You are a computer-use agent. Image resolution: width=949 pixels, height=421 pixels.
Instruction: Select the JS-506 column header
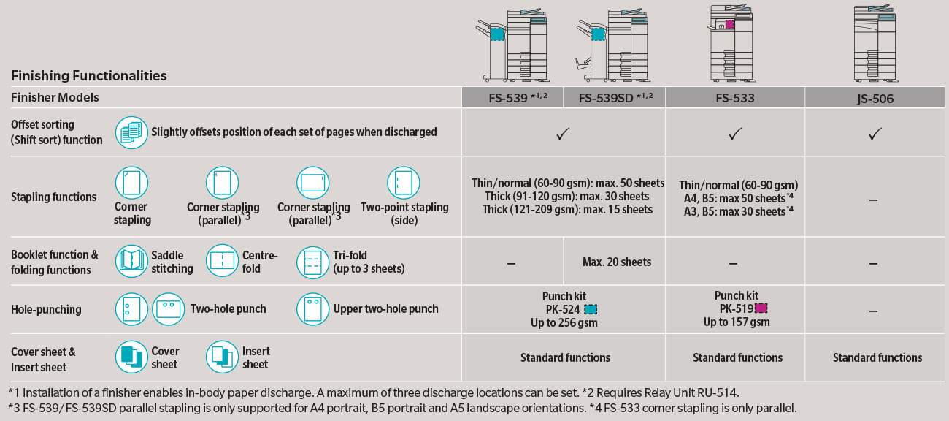point(876,97)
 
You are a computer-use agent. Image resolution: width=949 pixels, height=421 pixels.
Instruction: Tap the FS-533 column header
point(734,97)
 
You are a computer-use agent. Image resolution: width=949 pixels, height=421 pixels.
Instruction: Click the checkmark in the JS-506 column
point(876,133)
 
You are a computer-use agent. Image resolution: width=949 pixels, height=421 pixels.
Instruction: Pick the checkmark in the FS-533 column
point(735,133)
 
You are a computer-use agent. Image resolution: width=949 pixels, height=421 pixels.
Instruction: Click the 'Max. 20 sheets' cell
point(617,262)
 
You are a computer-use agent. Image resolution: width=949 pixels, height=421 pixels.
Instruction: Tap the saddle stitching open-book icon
point(131,261)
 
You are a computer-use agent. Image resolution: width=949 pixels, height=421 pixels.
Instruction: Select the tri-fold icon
point(312,261)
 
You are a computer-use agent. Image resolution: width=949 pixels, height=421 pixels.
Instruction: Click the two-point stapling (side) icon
point(403,183)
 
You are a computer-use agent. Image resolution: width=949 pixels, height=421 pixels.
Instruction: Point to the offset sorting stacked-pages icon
point(131,132)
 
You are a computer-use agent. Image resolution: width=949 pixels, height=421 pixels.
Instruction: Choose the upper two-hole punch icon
point(312,309)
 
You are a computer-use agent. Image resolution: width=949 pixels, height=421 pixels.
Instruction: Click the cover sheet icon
point(131,357)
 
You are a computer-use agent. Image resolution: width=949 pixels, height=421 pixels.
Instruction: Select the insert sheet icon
point(222,357)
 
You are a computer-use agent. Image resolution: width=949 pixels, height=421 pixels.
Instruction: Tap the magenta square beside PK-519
point(761,308)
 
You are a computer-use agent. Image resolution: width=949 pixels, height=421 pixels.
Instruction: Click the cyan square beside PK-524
point(591,309)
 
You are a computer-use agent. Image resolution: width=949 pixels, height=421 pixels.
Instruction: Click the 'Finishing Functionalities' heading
point(89,76)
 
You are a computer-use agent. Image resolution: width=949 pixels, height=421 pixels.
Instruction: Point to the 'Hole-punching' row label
point(46,309)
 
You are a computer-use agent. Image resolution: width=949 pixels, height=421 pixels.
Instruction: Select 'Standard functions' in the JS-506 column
point(877,357)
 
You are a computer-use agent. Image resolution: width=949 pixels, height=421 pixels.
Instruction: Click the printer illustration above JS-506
point(875,44)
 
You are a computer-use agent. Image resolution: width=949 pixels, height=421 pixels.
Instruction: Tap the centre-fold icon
point(222,261)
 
